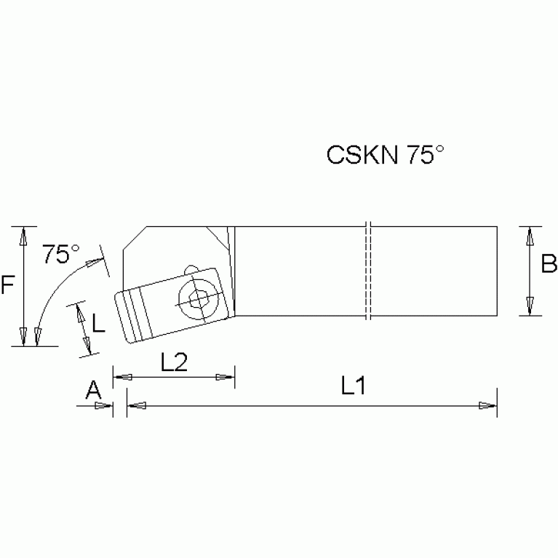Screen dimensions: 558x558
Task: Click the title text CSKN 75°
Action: (385, 155)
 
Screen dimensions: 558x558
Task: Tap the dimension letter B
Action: (549, 263)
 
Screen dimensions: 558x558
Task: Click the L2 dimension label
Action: (174, 363)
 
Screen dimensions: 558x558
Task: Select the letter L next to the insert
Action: (99, 321)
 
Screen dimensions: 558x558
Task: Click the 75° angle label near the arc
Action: (61, 255)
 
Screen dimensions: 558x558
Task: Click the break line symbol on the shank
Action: (369, 271)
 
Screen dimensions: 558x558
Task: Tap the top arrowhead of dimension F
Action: (24, 236)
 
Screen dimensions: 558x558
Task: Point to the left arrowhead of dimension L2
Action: (122, 377)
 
